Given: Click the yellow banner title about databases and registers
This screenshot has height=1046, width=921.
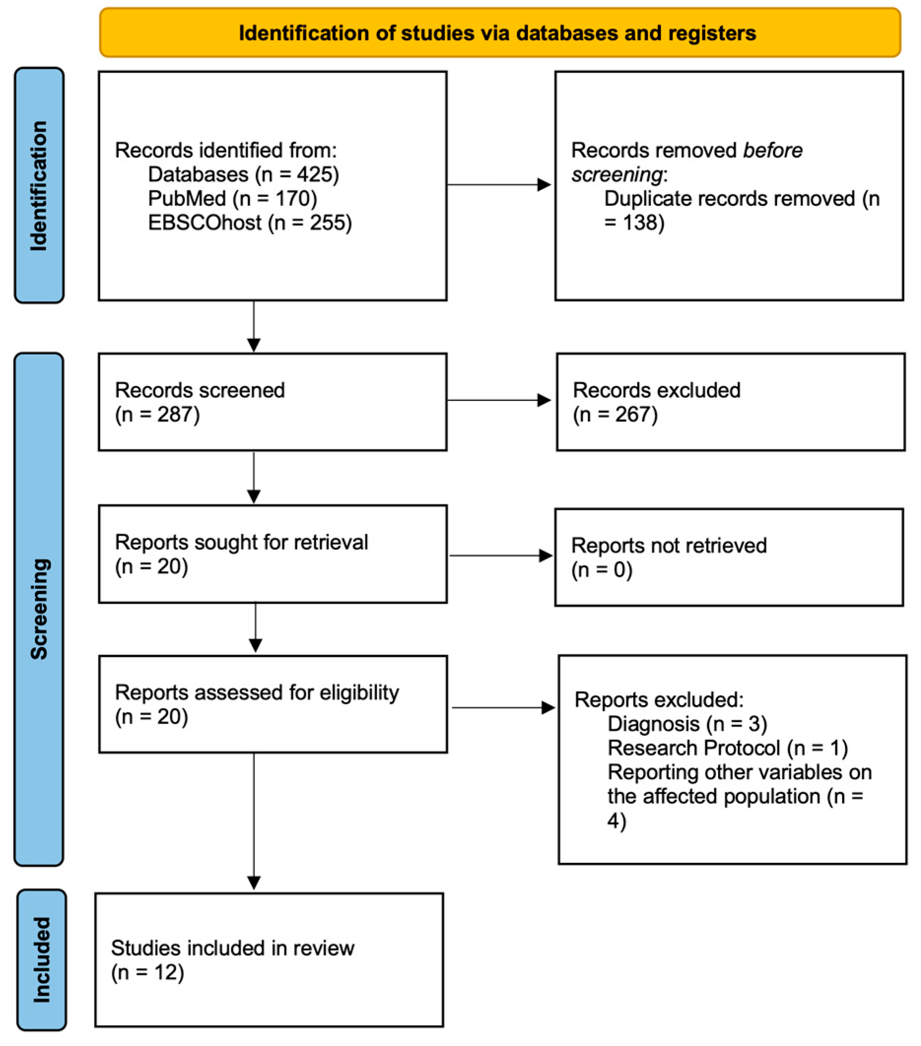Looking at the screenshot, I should point(497,33).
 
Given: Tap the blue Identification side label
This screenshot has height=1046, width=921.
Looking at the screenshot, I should point(39,185).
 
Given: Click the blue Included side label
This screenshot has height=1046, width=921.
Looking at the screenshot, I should point(41,959).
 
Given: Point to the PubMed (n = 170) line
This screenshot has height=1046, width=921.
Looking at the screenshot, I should point(232,198).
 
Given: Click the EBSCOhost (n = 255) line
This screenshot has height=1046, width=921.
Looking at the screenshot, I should point(250,223).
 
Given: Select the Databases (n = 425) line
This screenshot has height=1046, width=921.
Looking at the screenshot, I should point(243,174).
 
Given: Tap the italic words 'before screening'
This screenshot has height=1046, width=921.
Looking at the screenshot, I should point(686,163).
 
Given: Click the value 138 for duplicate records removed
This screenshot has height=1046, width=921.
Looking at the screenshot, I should point(642,223).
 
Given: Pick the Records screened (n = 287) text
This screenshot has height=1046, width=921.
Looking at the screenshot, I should point(199,402).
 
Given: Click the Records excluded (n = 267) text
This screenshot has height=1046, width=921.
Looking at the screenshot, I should point(656,402).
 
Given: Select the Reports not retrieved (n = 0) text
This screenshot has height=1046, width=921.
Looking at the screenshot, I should point(668,557).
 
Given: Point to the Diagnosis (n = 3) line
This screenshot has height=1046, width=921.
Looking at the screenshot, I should point(687,723).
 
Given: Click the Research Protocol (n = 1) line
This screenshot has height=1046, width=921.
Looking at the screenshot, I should point(727,748).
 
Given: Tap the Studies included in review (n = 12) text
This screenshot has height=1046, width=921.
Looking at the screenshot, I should point(232,959).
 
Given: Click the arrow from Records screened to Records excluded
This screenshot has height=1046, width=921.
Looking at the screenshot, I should point(499,400).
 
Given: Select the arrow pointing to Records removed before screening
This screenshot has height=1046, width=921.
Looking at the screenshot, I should point(499,185).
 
